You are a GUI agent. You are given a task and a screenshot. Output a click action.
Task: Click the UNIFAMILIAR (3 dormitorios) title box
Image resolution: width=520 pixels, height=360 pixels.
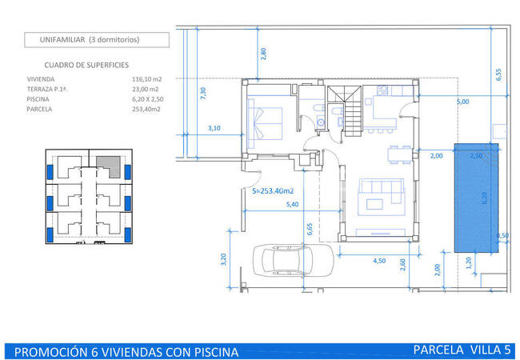coord(97,40)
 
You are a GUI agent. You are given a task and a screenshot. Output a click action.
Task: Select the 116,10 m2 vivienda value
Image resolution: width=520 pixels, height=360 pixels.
coord(146,79)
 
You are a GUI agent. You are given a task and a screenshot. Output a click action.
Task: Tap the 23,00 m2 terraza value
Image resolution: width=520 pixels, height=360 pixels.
coord(146,89)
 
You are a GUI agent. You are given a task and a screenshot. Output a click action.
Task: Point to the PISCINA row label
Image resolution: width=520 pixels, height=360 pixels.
coord(38,99)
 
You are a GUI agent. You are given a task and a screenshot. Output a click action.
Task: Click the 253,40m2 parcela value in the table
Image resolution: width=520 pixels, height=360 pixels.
coord(146,109)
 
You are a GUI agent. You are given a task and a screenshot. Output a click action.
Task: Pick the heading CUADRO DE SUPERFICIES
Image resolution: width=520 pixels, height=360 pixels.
coord(86,66)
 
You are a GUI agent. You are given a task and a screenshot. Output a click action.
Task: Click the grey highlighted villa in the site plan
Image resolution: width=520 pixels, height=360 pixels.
coord(109,166)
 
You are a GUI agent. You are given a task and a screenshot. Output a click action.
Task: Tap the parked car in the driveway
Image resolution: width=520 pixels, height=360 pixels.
coord(293,261)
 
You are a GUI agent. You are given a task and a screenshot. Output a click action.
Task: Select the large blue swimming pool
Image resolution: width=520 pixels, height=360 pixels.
coord(476,198)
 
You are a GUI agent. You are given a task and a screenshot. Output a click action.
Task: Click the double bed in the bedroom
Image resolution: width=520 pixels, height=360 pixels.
coord(266,123)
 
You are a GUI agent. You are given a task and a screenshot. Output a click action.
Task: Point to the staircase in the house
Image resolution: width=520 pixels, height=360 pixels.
coord(353,111)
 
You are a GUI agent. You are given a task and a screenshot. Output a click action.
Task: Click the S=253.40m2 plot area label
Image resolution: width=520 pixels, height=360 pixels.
coord(273,191)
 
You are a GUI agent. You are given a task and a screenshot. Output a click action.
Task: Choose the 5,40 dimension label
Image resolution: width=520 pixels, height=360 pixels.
coord(292,205)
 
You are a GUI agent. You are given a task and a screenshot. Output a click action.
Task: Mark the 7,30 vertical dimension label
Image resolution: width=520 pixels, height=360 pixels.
coord(203,93)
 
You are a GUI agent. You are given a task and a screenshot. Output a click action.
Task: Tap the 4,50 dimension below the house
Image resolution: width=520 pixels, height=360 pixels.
coord(379,261)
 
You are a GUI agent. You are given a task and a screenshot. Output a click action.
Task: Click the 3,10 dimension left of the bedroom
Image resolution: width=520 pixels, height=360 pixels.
coord(214,128)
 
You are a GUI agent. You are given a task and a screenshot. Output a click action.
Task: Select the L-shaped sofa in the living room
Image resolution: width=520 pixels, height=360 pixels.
coord(382,190)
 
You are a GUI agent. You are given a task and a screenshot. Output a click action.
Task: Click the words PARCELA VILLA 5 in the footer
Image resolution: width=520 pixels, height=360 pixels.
coord(462,350)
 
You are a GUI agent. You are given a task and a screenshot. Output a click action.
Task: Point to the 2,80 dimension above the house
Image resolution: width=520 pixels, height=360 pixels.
coord(263,54)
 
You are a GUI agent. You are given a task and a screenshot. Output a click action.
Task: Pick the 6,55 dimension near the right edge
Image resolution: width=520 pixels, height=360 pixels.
coord(498,74)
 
